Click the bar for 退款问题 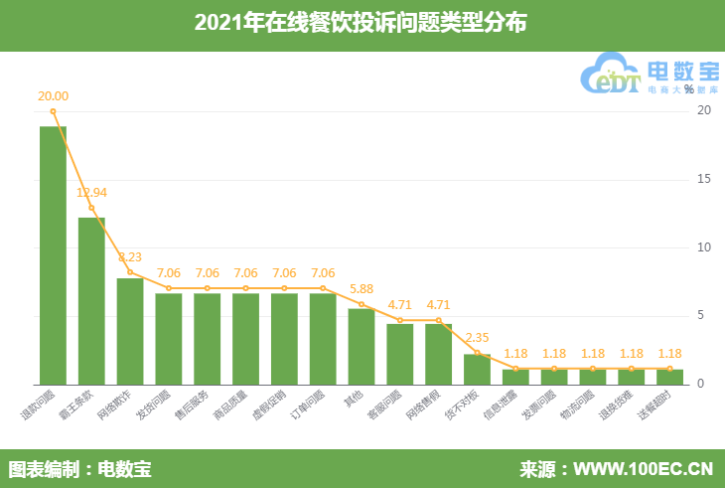click(53, 255)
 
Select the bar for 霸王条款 click(91, 300)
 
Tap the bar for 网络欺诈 click(130, 331)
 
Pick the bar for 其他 click(362, 346)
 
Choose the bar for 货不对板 click(477, 369)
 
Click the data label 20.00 click(53, 96)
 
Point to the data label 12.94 click(91, 192)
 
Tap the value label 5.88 click(362, 288)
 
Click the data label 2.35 click(478, 337)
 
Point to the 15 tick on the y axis click(703, 179)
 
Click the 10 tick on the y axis click(703, 247)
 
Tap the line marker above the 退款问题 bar click(53, 111)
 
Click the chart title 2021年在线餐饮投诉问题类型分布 click(362, 24)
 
